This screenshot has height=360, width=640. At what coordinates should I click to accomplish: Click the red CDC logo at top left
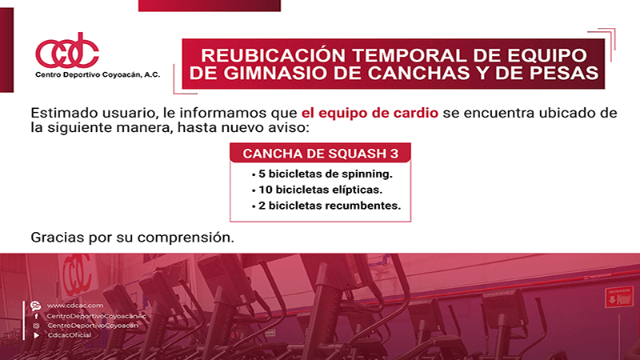click(x=67, y=51)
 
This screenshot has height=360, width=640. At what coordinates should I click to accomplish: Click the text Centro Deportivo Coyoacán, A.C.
click(x=98, y=74)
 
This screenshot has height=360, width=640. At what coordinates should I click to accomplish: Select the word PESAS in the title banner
click(x=568, y=73)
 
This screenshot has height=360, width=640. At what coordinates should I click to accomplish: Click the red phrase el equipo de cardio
click(x=370, y=113)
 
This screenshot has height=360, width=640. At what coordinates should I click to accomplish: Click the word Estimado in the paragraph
click(x=64, y=113)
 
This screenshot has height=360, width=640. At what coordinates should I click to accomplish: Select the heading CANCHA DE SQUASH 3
click(x=321, y=154)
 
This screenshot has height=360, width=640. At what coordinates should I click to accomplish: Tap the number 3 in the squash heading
click(x=394, y=154)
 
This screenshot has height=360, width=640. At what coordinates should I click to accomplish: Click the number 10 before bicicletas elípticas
click(x=266, y=190)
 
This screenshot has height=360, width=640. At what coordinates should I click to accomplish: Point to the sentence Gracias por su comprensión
click(x=132, y=237)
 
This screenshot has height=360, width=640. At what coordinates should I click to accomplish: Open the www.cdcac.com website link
click(x=75, y=306)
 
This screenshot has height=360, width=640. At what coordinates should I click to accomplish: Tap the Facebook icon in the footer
click(x=36, y=316)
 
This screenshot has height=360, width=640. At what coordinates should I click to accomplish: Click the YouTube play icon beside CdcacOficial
click(x=36, y=335)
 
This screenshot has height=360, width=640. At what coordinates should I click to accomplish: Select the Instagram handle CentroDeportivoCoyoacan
click(x=93, y=326)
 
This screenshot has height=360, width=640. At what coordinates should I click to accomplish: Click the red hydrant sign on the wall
click(x=619, y=297)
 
